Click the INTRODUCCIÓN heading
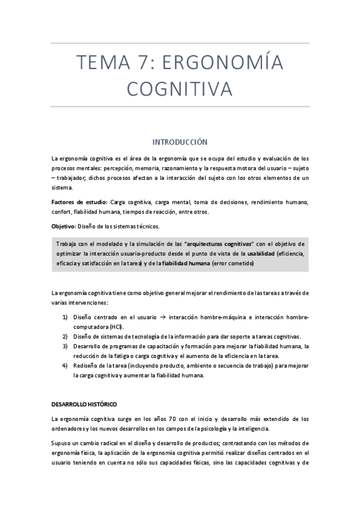pyautogui.click(x=180, y=142)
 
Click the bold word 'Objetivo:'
pyautogui.click(x=64, y=226)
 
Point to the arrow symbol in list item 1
pyautogui.click(x=163, y=317)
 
